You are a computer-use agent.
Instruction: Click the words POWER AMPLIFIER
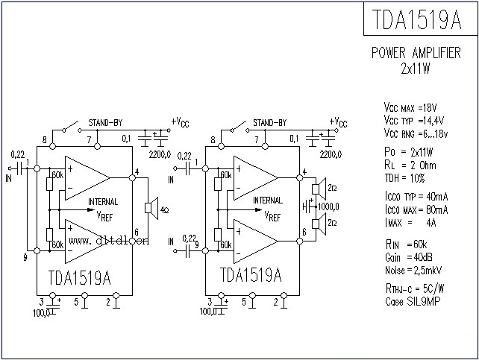416,54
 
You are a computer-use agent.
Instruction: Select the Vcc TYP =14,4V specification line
415,119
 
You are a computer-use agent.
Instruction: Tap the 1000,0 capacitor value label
328,206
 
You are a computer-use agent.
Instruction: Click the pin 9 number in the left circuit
25,258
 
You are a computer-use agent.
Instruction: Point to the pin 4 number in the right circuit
304,174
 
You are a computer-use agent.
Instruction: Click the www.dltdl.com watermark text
109,241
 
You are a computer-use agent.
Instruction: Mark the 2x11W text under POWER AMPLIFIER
416,67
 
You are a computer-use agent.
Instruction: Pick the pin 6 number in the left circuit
136,233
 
